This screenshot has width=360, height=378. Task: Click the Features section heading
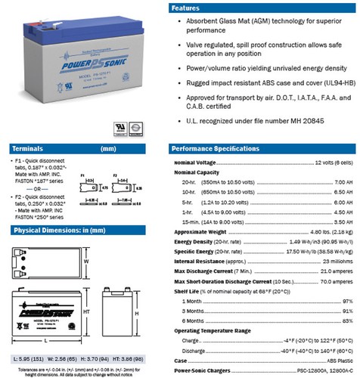point(189,7)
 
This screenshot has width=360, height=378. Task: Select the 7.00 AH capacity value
point(343,181)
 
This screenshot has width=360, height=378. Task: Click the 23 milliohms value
point(333,260)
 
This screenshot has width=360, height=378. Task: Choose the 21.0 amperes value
point(334,270)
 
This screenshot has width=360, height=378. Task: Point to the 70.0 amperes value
point(334,280)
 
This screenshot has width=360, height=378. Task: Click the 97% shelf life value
point(348,300)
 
